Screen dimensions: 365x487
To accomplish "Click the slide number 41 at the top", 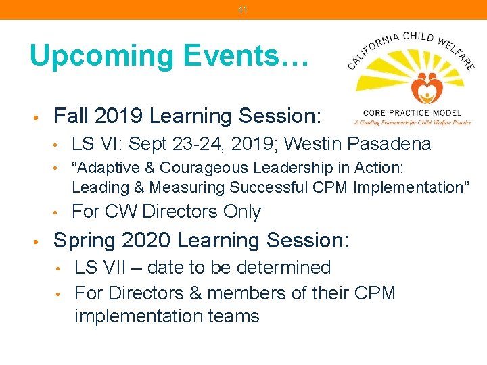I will pos(243,9).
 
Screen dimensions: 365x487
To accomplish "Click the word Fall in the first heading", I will pos(71,116).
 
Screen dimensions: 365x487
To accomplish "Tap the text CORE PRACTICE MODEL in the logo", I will pos(412,112).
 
